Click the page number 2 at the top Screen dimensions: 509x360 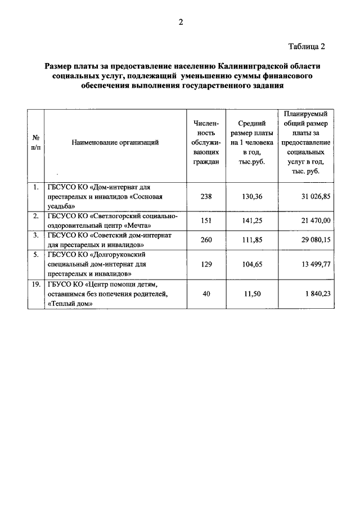[x=180, y=22]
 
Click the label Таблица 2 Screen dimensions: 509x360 [x=307, y=46]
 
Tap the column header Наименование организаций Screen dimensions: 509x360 [x=115, y=142]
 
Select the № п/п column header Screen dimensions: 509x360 [x=35, y=142]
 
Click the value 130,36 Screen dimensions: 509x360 [x=251, y=196]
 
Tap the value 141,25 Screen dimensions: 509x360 [x=251, y=221]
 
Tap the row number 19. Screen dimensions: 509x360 [x=35, y=285]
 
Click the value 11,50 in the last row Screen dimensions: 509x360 [x=251, y=294]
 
